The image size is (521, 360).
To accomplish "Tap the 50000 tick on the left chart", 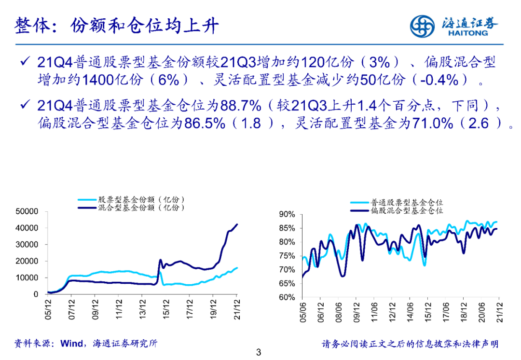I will point(27,211).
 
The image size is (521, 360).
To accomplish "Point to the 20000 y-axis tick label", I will point(27,261).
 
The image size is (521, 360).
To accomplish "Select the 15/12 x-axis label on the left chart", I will point(165,308).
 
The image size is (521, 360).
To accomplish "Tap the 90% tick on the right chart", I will point(287,214).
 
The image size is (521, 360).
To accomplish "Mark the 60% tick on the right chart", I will point(287,297).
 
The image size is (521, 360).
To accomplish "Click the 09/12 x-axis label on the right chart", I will point(357,312).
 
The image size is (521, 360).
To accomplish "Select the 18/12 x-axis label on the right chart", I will point(464,312).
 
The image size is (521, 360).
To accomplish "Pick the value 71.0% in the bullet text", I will point(431,124).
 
